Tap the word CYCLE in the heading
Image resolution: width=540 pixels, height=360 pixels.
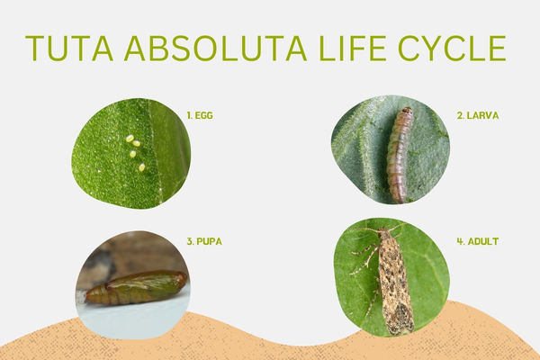click(460, 49)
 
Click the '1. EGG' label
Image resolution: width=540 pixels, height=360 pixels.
click(200, 116)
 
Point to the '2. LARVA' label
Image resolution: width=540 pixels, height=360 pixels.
click(478, 116)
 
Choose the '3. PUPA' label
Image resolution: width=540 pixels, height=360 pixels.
click(204, 241)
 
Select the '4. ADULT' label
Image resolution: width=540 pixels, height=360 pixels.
click(478, 241)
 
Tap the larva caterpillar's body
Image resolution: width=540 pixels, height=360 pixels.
click(398, 153)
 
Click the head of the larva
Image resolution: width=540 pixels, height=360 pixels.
click(406, 112)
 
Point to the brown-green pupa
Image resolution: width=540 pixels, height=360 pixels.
click(135, 288)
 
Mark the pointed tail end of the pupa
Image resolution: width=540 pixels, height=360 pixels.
click(90, 296)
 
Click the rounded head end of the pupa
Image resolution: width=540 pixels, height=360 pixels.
click(180, 281)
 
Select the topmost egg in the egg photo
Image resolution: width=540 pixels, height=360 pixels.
click(130, 139)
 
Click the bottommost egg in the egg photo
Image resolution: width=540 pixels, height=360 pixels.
click(141, 167)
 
